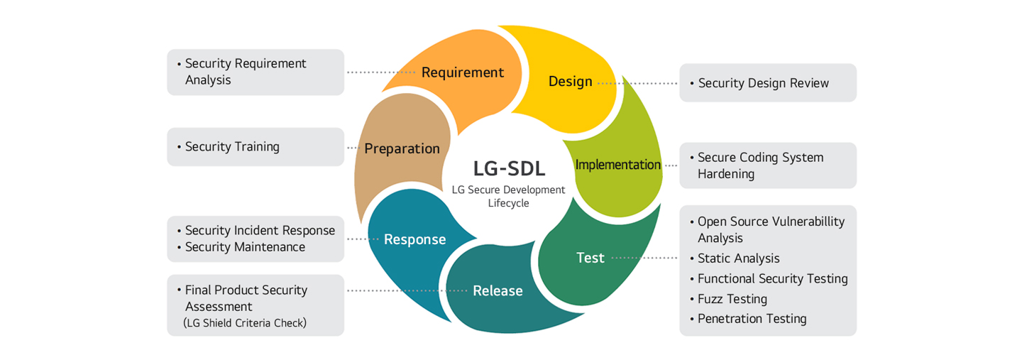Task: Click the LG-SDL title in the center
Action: (x=509, y=168)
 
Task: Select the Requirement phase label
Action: (x=463, y=72)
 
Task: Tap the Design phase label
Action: (x=571, y=81)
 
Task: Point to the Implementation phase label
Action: (x=617, y=165)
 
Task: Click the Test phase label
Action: (x=590, y=258)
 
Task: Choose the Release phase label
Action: (x=498, y=290)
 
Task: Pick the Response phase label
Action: (x=414, y=239)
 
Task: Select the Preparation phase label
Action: (x=402, y=148)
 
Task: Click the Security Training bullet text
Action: (x=232, y=147)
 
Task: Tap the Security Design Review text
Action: (x=764, y=83)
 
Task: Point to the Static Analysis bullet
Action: (x=738, y=258)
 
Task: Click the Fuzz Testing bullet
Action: (x=732, y=299)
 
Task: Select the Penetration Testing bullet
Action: (x=752, y=319)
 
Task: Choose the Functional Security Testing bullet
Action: (x=772, y=279)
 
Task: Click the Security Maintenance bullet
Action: (x=245, y=247)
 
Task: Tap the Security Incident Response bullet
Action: (x=260, y=231)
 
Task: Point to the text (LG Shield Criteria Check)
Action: (x=245, y=323)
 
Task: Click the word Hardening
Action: (x=726, y=174)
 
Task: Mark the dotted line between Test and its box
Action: (x=644, y=258)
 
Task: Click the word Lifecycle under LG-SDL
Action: (x=508, y=203)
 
